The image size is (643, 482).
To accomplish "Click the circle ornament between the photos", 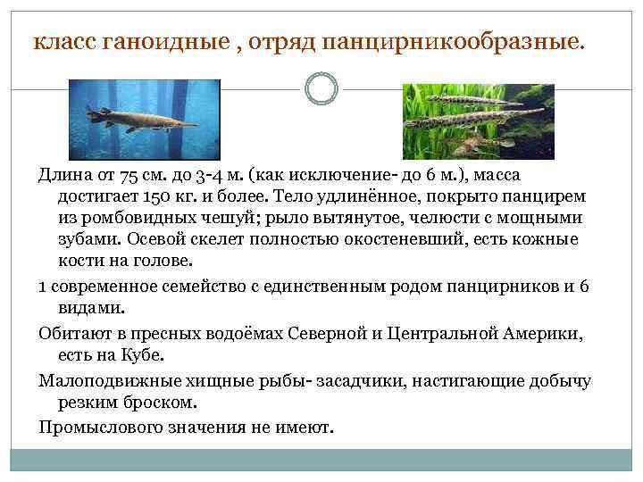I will [x=321, y=88].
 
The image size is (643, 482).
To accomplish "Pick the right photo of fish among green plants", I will [x=478, y=121].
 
